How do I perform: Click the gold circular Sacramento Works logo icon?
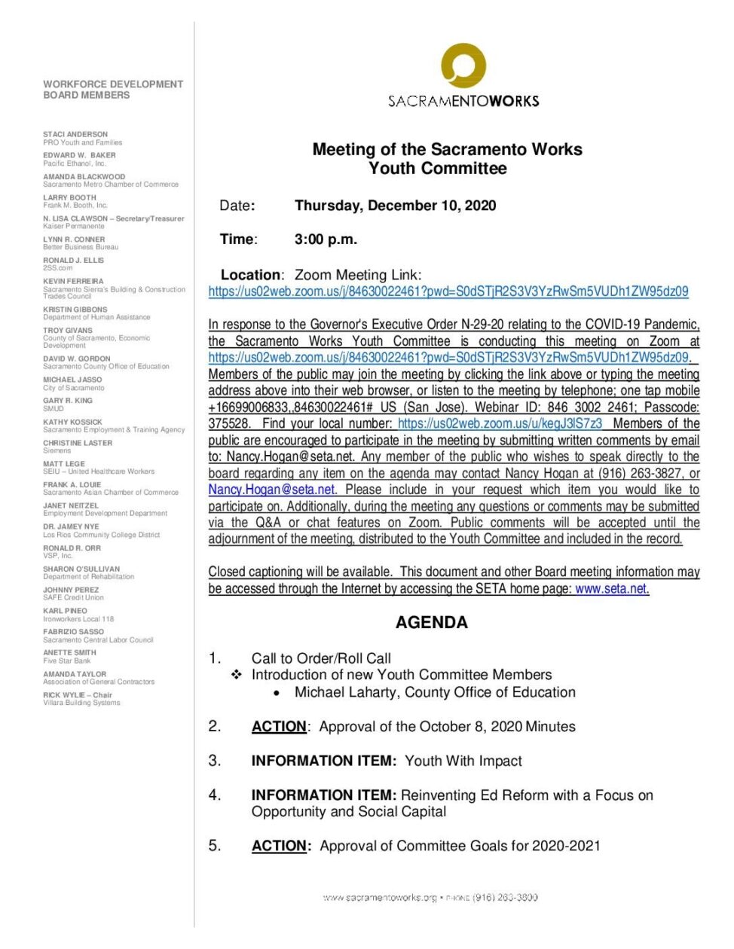(x=463, y=66)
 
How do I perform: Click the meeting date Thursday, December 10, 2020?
(x=395, y=206)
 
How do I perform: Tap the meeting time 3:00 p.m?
(x=326, y=240)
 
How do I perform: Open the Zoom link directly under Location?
(x=448, y=291)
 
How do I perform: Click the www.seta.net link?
(x=611, y=589)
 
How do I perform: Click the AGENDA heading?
(x=431, y=622)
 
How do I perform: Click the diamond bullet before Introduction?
(x=236, y=675)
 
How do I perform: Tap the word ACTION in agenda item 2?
(x=279, y=727)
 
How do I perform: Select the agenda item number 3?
(x=215, y=761)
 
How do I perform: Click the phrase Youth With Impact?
(x=463, y=761)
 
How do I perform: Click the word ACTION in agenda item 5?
(x=280, y=846)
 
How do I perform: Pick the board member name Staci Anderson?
(x=75, y=134)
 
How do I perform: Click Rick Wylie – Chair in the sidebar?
(x=78, y=695)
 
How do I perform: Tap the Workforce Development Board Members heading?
(x=113, y=90)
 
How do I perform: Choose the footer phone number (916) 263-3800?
(x=505, y=897)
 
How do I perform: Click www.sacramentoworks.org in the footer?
(x=380, y=897)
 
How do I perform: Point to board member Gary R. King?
(x=68, y=401)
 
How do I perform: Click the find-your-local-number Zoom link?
(x=500, y=423)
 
